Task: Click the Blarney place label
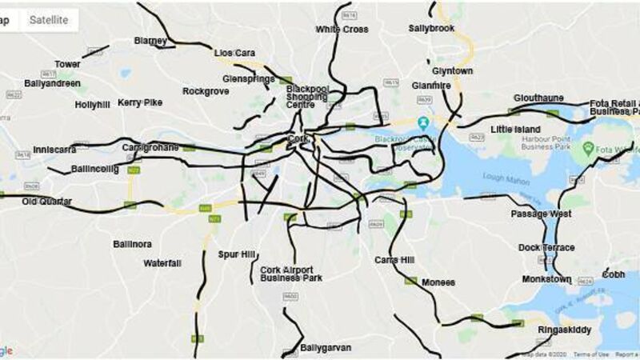point(150,41)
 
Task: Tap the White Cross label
point(342,30)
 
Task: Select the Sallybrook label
point(431,28)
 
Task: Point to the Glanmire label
point(431,86)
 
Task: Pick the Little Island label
point(515,129)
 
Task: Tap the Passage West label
point(542,214)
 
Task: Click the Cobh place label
point(614,274)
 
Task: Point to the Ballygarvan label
point(324,349)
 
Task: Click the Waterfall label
point(162,263)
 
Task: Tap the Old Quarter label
point(46,201)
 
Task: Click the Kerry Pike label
point(140,102)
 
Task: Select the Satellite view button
point(49,20)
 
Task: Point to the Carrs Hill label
point(394,260)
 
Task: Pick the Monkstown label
point(546,279)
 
